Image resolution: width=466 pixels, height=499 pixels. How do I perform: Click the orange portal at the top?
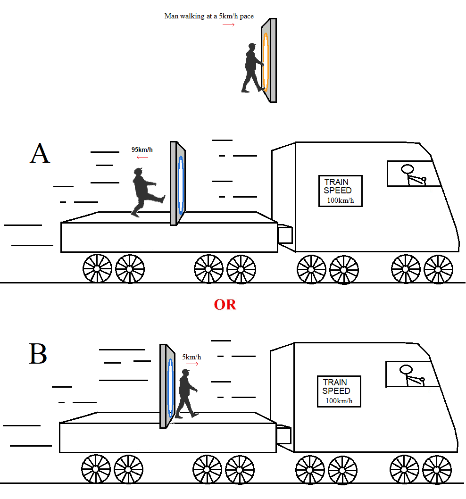pyautogui.click(x=266, y=61)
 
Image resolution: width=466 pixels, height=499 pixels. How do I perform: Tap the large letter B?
pyautogui.click(x=38, y=354)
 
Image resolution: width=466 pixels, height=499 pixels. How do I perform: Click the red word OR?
pyautogui.click(x=225, y=305)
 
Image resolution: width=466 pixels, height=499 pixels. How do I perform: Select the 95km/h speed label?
pyautogui.click(x=142, y=150)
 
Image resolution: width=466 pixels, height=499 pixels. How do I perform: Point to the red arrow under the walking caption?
pyautogui.click(x=229, y=25)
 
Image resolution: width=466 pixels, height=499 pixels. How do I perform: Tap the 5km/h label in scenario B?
pyautogui.click(x=191, y=357)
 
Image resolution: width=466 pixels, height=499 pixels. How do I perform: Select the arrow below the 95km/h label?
pyautogui.click(x=142, y=157)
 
